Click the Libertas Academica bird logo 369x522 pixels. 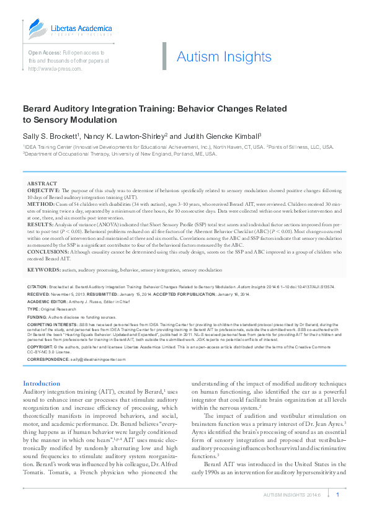tap(37, 28)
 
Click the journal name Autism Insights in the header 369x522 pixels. tap(224, 57)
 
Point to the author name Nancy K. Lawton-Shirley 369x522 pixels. tap(127, 135)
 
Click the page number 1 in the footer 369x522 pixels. tap(337, 495)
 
